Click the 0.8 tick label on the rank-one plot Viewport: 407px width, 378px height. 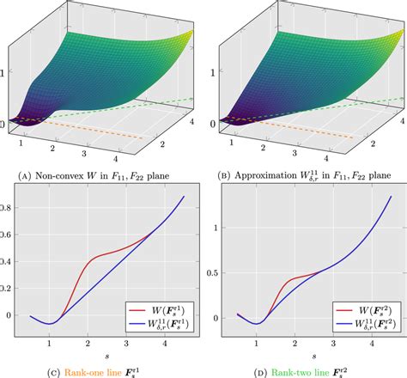pos(8,207)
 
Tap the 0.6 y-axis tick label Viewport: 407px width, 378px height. pos(8,234)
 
